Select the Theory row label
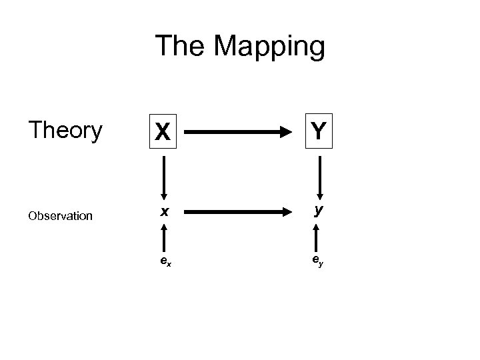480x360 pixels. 65,131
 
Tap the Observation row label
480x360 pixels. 61,215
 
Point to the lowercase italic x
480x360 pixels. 163,213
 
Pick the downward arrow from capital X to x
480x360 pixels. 163,177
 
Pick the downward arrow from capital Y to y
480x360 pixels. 320,177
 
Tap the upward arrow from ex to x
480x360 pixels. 163,237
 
